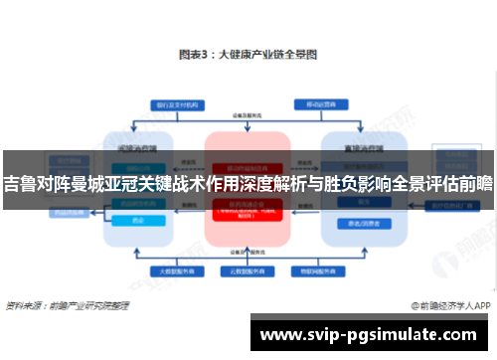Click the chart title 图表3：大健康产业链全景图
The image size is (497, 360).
(x=248, y=55)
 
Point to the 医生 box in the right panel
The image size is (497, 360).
(x=351, y=201)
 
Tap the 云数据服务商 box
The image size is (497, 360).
(x=248, y=270)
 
